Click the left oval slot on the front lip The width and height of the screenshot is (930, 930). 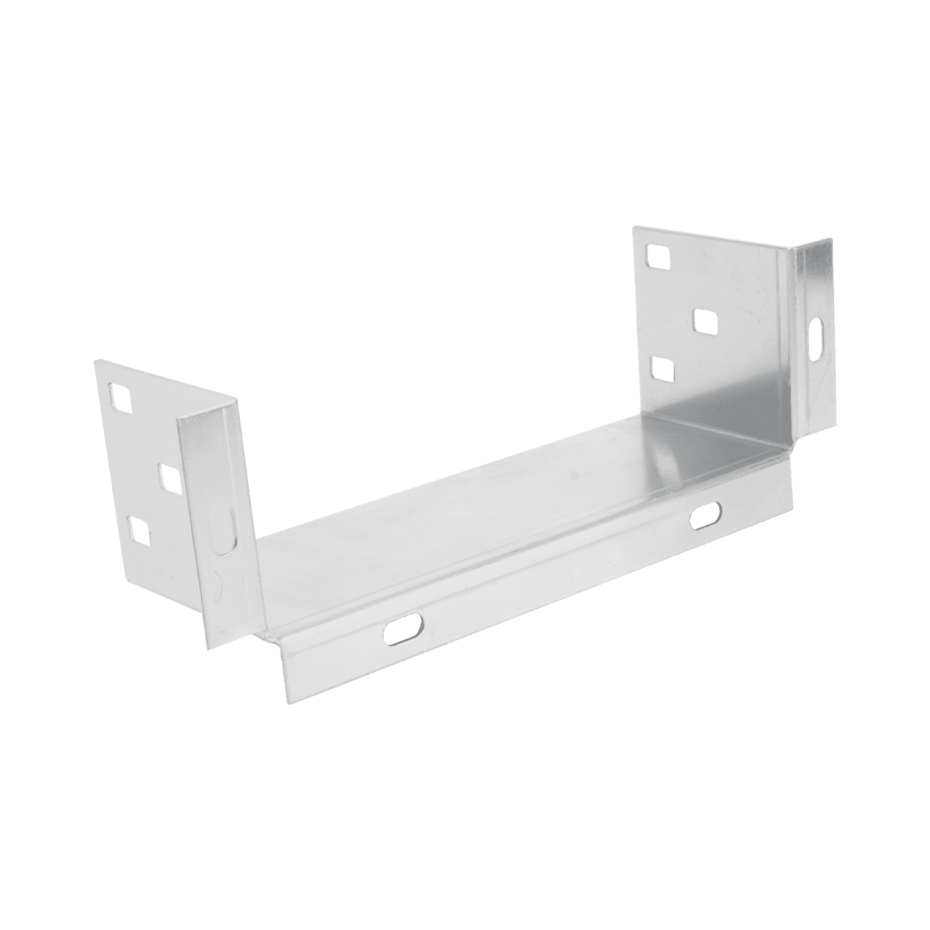403,628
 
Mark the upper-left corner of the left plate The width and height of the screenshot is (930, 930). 94,360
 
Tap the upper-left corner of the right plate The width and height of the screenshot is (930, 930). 634,228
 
